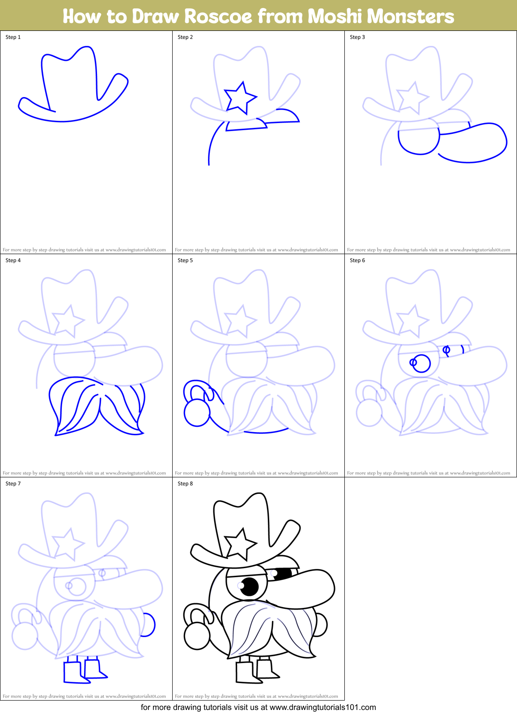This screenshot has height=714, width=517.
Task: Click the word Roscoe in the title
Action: (x=218, y=17)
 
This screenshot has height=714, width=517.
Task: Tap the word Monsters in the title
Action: (x=411, y=17)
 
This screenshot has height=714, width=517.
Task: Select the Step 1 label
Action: (x=13, y=37)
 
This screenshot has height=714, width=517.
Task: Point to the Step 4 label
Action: (x=13, y=260)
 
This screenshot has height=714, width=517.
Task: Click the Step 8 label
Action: (x=185, y=484)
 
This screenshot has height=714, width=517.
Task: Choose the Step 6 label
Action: (x=357, y=260)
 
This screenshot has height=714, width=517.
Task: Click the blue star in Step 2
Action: (x=240, y=98)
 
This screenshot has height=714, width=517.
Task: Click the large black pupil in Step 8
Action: (x=250, y=586)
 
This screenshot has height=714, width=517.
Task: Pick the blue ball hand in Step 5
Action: (x=197, y=413)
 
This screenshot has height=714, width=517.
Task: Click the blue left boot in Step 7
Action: (x=73, y=672)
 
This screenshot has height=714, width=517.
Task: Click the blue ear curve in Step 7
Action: (x=149, y=625)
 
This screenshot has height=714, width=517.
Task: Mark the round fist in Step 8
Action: (x=197, y=636)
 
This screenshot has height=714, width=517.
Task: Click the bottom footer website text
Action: (x=258, y=708)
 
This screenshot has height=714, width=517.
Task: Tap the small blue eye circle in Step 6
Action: (x=446, y=350)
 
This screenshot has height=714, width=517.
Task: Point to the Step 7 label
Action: (x=13, y=484)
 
